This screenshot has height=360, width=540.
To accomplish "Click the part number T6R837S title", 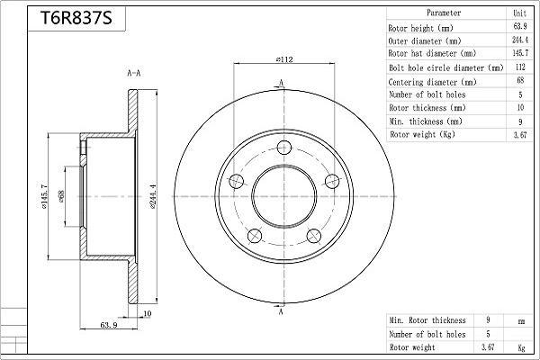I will click(x=76, y=19).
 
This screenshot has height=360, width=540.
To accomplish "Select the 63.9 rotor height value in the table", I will click(x=519, y=27).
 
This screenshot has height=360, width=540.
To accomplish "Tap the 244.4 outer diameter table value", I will click(x=519, y=40).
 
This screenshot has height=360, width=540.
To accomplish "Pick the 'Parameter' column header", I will click(x=444, y=13).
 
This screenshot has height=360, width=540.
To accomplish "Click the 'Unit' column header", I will click(x=519, y=13).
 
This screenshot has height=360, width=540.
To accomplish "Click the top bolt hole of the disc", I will click(x=285, y=148).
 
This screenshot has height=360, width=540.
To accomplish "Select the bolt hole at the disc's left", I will click(x=238, y=181).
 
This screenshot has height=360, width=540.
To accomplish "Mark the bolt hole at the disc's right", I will click(x=332, y=181).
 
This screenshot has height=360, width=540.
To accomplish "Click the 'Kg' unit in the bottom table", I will click(x=519, y=346).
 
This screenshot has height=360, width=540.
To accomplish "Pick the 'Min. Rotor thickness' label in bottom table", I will click(x=427, y=319).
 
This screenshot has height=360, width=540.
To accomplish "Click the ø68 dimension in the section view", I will click(x=61, y=195).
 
